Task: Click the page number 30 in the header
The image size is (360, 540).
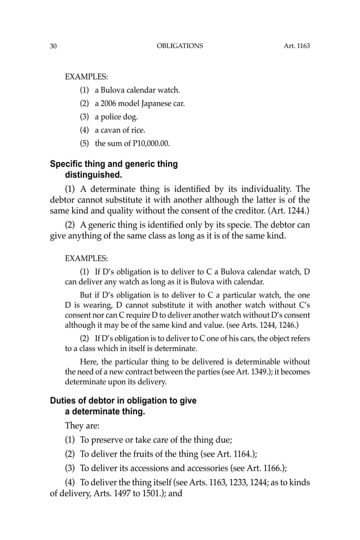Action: pos(53,46)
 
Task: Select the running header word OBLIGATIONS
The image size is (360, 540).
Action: pos(179,46)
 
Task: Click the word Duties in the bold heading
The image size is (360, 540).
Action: pos(63,401)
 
